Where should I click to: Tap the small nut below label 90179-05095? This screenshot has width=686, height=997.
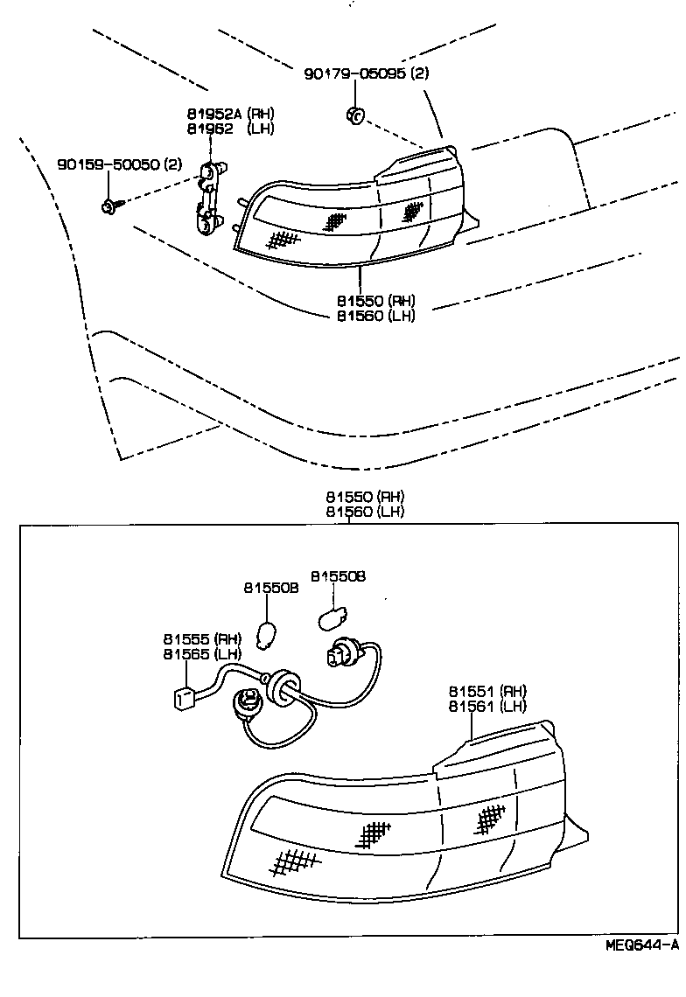(x=355, y=114)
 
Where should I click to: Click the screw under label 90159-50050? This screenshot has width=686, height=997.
(x=110, y=206)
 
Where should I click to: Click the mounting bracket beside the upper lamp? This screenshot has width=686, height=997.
(x=206, y=199)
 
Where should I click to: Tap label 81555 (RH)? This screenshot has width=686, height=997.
(x=201, y=638)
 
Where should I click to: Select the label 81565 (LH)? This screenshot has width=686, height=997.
(x=201, y=653)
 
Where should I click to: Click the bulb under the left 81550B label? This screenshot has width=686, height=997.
(x=270, y=631)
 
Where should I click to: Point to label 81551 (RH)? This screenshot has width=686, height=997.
(x=488, y=691)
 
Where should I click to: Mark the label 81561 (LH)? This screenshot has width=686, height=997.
(x=488, y=706)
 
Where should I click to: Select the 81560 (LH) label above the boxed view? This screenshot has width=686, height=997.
(x=365, y=511)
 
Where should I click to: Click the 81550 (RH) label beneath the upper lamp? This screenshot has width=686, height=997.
(x=375, y=299)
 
